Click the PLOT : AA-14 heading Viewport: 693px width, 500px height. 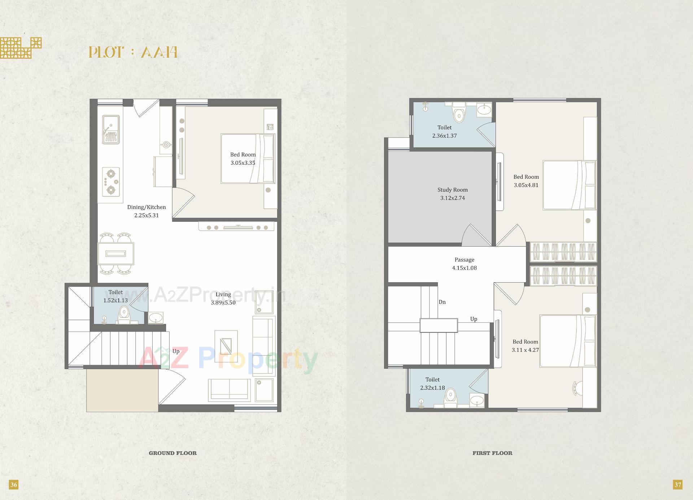tap(133, 53)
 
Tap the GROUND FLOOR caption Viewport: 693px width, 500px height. tap(173, 453)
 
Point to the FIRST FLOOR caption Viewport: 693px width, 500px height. tap(492, 453)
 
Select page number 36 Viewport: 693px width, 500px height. tap(14, 484)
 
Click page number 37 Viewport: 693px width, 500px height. tap(678, 484)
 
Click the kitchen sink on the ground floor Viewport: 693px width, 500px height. tap(110, 129)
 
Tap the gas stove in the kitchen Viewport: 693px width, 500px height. tap(111, 182)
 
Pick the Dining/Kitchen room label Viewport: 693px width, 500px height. tap(147, 207)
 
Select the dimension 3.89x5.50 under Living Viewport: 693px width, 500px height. tap(223, 303)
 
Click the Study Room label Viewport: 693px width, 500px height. tap(453, 190)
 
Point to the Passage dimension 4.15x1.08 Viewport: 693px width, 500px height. tap(465, 268)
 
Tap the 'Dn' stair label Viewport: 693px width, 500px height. tap(442, 302)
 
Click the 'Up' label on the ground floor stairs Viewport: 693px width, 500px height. tap(176, 351)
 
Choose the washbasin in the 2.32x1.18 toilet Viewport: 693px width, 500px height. tap(478, 400)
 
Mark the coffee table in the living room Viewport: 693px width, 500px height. tap(226, 344)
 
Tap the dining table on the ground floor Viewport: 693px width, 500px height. tap(116, 254)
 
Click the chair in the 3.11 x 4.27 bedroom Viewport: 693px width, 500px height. tap(577, 388)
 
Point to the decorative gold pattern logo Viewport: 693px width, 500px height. tap(21, 48)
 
